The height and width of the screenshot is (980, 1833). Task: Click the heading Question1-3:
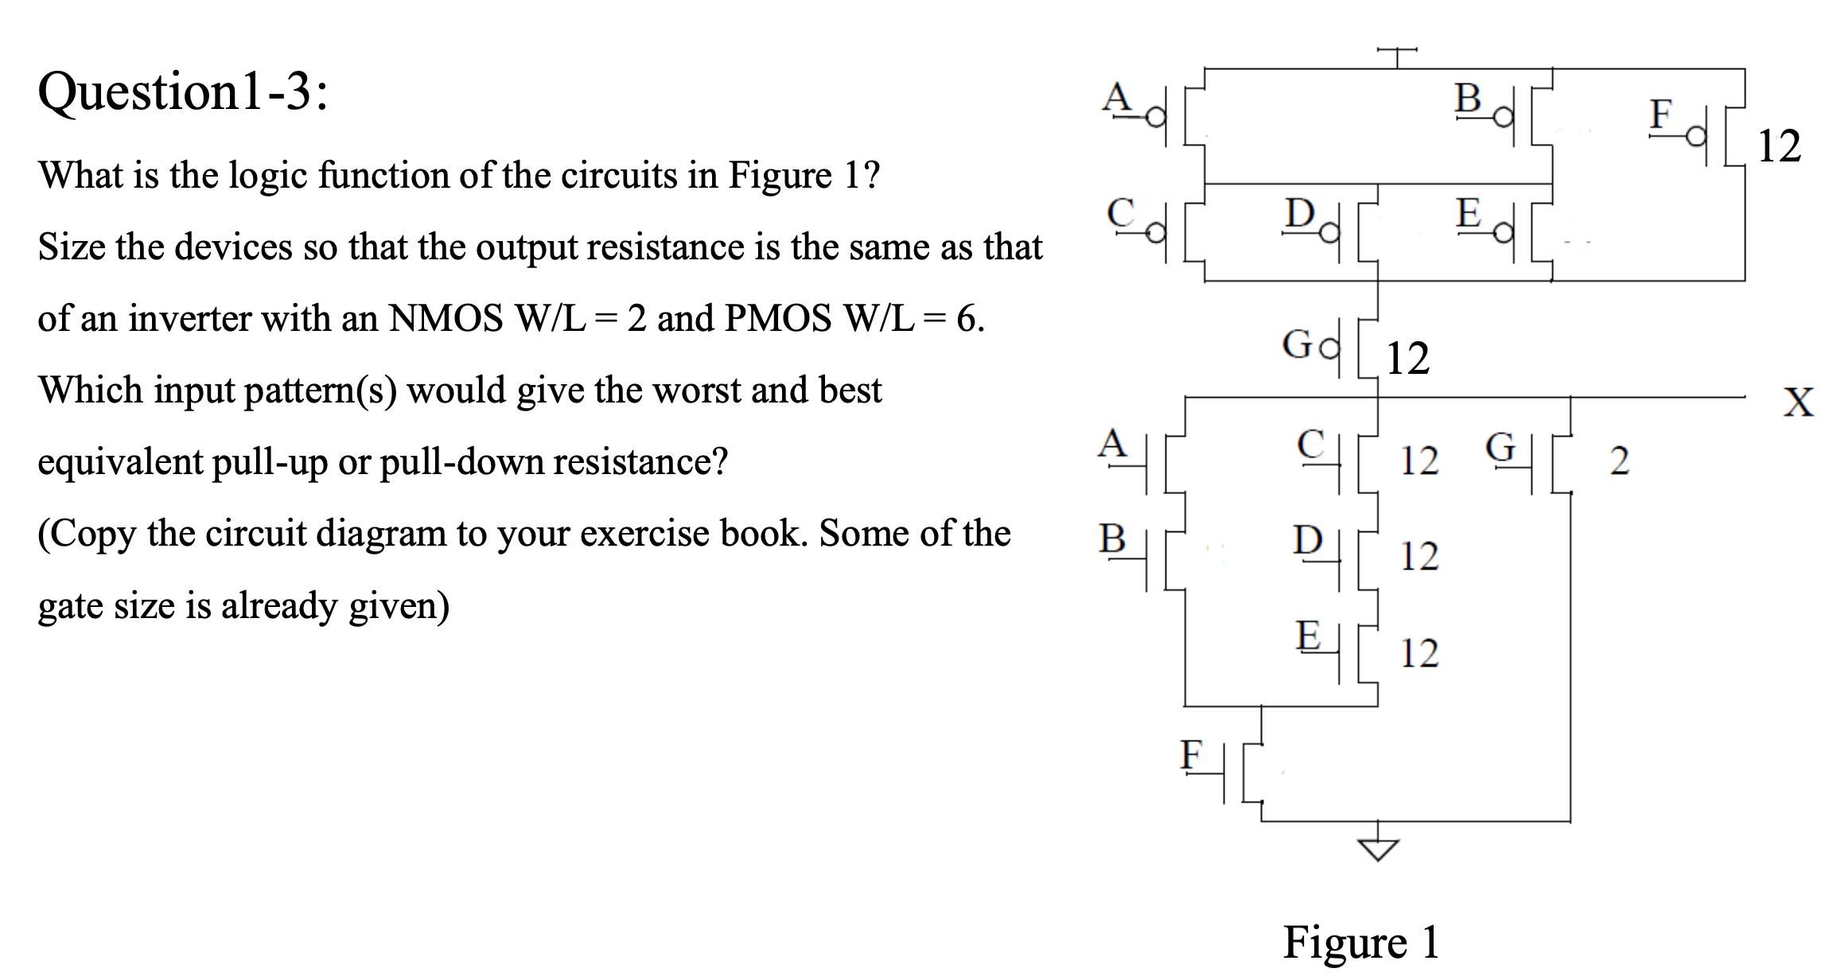click(183, 92)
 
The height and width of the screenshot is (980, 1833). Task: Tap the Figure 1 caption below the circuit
click(1360, 943)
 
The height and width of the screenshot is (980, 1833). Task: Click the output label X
click(1798, 402)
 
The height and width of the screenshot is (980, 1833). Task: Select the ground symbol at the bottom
click(1377, 850)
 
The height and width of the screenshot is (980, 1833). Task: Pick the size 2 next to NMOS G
click(1619, 461)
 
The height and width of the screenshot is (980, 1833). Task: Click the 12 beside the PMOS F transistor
click(1779, 146)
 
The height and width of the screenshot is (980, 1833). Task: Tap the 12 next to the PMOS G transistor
click(1407, 359)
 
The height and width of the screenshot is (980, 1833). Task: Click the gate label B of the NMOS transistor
click(1112, 539)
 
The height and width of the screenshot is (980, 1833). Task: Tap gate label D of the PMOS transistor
click(1300, 213)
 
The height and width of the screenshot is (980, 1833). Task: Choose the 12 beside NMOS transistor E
click(1419, 654)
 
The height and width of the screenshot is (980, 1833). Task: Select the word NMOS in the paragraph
click(446, 319)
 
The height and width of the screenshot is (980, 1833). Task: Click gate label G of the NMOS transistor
click(1500, 447)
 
